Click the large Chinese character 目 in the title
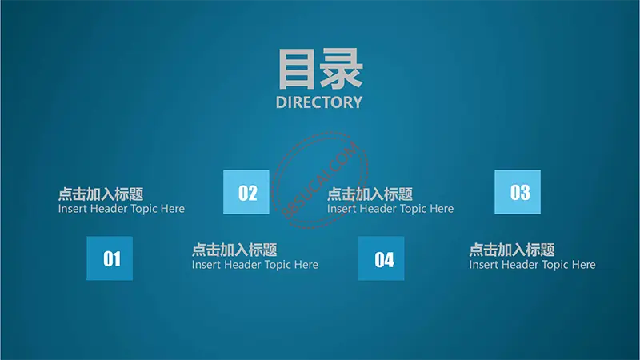(298, 69)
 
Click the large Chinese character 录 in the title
(342, 69)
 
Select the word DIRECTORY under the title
(319, 102)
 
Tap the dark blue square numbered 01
(110, 258)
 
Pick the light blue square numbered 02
(246, 192)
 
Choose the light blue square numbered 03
(518, 192)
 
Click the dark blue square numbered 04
(382, 258)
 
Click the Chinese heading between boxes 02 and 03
(370, 194)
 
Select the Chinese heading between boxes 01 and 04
(234, 250)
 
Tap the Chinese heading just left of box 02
(101, 194)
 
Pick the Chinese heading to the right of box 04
(512, 250)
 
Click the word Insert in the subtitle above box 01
(72, 209)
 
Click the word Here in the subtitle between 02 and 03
(442, 209)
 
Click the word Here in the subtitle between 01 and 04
(306, 265)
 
